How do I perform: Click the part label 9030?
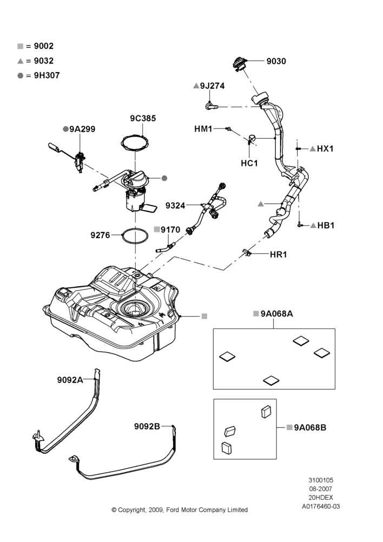[276, 61]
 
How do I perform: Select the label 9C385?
[143, 118]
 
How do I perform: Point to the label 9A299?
[82, 129]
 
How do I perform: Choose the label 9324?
[175, 205]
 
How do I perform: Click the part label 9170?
[170, 229]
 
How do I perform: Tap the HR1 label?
[279, 254]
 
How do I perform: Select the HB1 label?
[326, 225]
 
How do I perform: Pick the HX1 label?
[325, 149]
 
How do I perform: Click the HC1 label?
[249, 163]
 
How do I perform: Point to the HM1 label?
[203, 129]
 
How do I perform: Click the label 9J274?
[212, 86]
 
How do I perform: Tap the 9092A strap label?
[70, 380]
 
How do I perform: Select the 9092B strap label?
[147, 427]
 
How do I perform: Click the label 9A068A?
[277, 313]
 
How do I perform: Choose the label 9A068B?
[310, 428]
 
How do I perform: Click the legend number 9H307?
[47, 75]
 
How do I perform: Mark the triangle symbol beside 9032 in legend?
[21, 61]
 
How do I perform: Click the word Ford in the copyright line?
[173, 510]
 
